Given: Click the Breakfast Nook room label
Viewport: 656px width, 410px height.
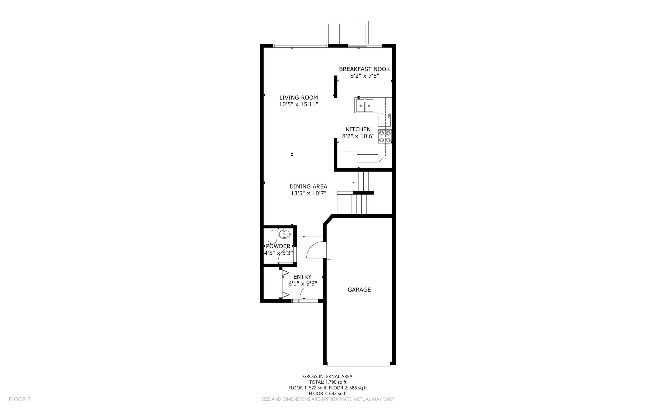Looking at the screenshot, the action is (x=364, y=69).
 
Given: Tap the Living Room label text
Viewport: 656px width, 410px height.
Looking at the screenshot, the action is (x=299, y=98).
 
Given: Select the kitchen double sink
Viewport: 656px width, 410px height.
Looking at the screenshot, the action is (x=365, y=105).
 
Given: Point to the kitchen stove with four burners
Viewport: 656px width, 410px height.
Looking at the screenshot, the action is (x=385, y=136).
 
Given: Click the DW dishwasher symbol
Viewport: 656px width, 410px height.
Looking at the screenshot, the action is (x=384, y=120).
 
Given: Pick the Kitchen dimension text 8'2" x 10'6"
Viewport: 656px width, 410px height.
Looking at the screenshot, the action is (x=358, y=136).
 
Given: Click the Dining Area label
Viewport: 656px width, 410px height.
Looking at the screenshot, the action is (x=308, y=187).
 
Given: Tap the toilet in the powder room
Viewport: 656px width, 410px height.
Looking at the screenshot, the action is (x=272, y=236).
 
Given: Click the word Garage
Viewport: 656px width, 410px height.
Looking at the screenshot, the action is (x=359, y=289).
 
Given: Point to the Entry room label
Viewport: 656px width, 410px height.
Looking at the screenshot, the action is (x=302, y=277).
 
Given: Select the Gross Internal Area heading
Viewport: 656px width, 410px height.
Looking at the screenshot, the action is (x=327, y=376).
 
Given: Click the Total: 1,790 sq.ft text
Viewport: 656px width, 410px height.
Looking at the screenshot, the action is (x=328, y=382).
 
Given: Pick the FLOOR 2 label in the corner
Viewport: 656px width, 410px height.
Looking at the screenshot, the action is (x=19, y=399).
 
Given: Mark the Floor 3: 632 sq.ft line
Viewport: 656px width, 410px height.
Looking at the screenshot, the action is (x=327, y=393).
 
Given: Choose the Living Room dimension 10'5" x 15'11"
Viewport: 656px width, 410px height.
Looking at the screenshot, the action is (x=299, y=104).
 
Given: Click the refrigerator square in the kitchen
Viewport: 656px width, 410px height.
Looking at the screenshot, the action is (x=348, y=160).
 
